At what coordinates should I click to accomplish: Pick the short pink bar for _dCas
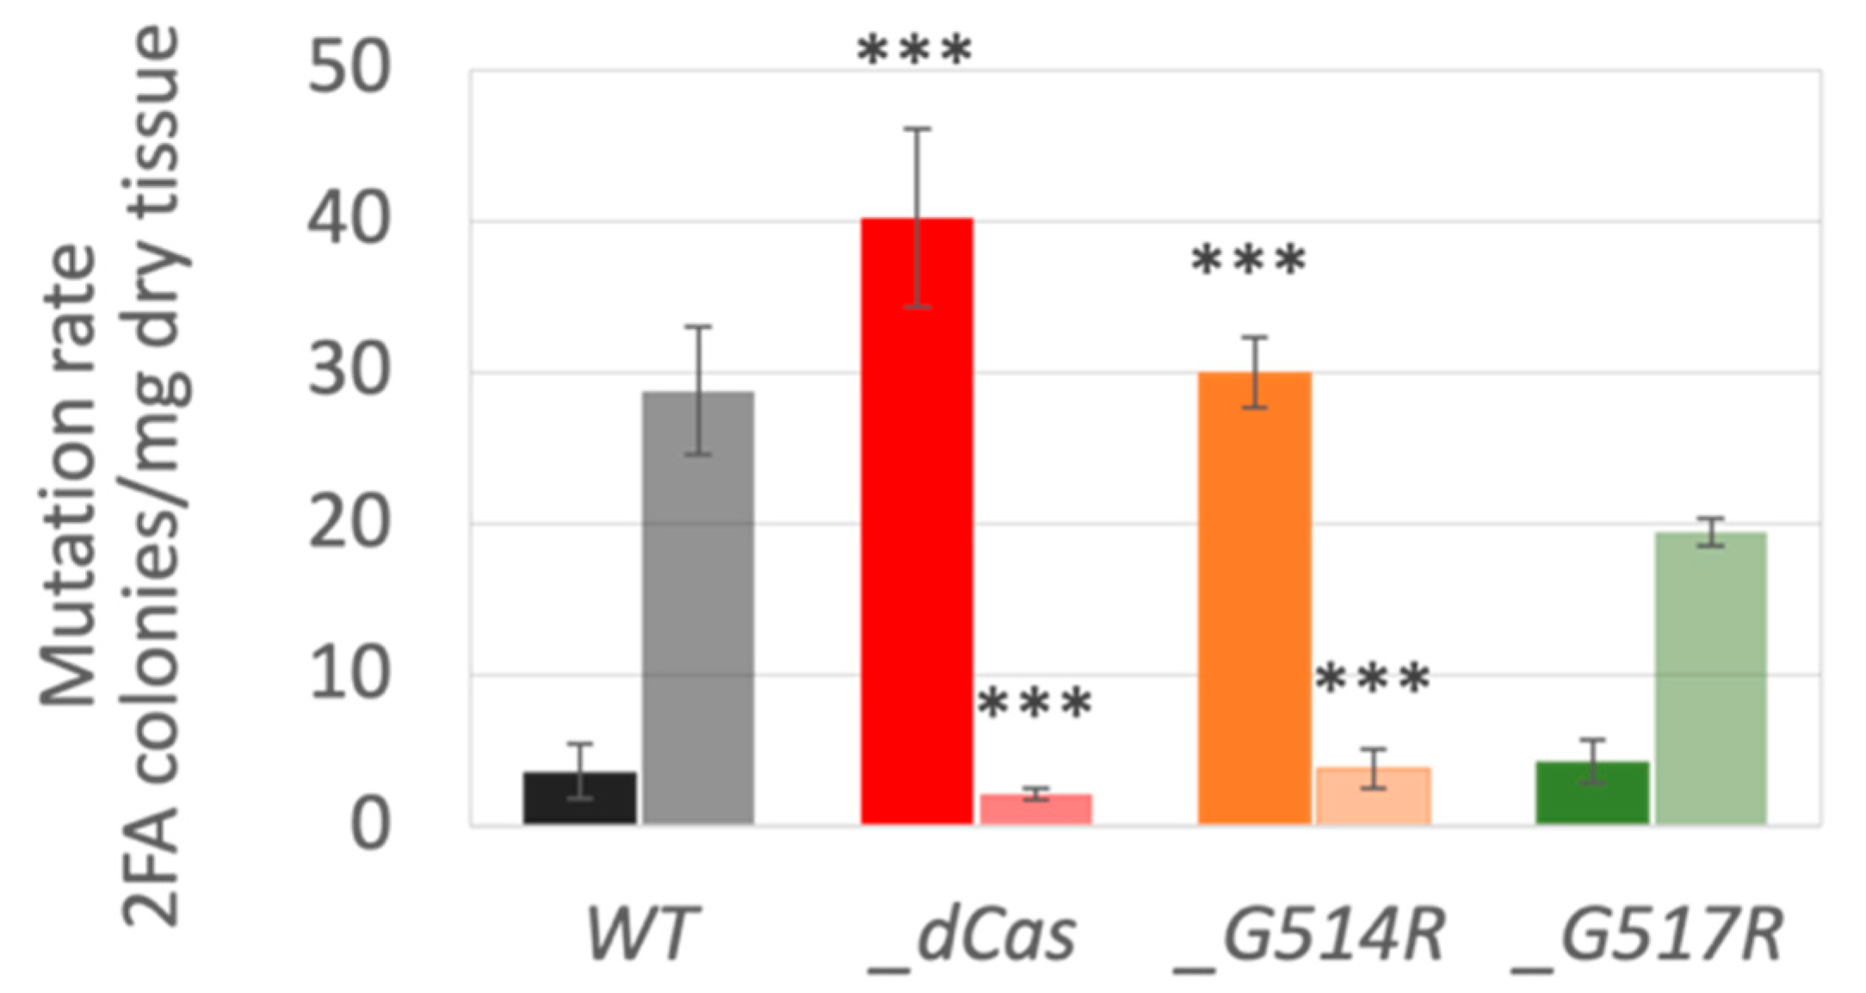[1036, 810]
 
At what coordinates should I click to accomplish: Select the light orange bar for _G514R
[1374, 796]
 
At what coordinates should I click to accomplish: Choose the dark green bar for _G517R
[1592, 793]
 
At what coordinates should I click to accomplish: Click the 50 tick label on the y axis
[349, 69]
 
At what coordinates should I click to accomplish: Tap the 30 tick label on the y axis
[349, 372]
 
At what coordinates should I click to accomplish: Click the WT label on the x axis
[638, 934]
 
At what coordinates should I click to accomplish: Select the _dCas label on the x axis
[973, 937]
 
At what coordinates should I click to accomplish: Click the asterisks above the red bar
[914, 50]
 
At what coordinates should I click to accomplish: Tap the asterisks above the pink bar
[1035, 704]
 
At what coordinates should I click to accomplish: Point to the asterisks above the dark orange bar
[1248, 260]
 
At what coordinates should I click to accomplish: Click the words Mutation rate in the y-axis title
[69, 474]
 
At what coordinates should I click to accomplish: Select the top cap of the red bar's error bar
[917, 128]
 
